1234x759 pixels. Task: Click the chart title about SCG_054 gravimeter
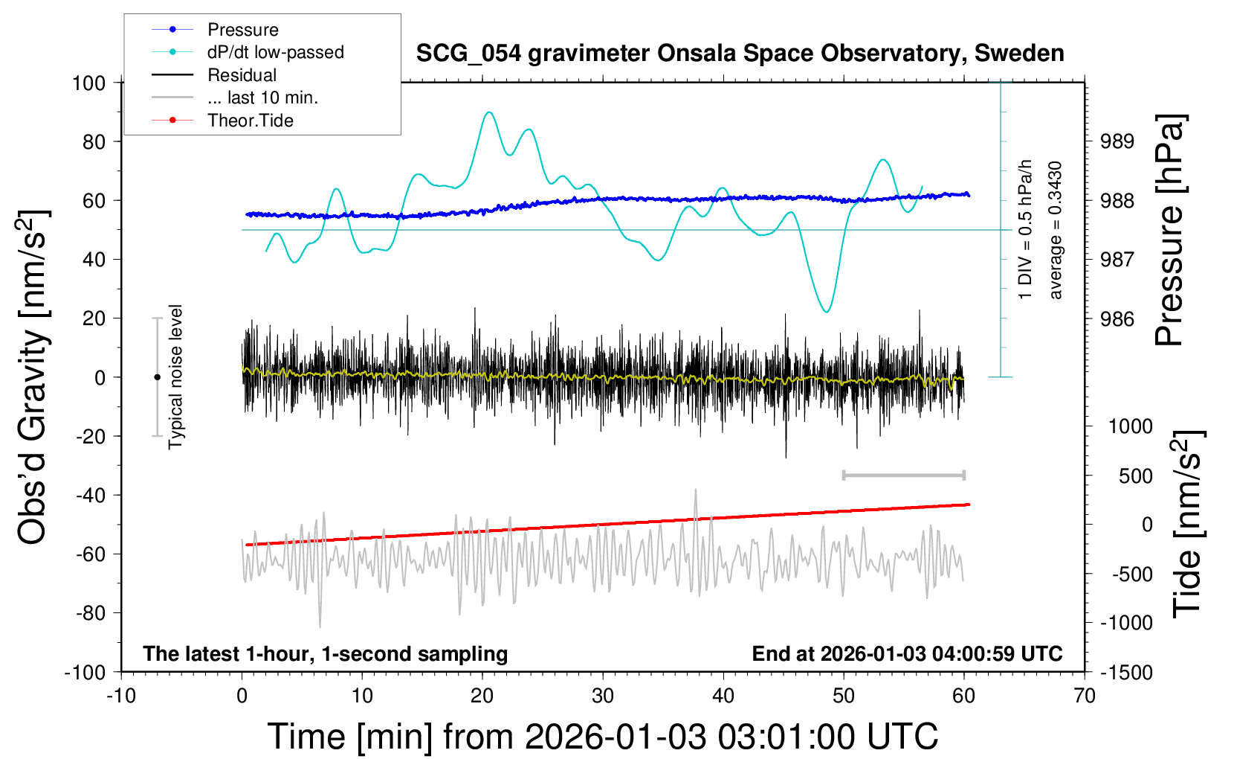click(x=740, y=54)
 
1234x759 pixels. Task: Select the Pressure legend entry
click(x=242, y=30)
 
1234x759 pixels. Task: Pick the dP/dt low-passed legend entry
click(x=275, y=52)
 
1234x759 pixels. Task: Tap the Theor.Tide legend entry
click(x=250, y=121)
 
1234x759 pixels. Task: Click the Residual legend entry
click(x=242, y=75)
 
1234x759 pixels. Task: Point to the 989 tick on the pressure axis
click(x=1117, y=141)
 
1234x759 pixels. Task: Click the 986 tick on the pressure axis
click(x=1117, y=319)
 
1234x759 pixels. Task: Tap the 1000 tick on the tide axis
click(x=1130, y=426)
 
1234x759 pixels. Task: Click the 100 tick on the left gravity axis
click(x=89, y=83)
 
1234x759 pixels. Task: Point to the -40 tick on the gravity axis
click(x=90, y=496)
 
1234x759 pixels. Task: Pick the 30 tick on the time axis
click(x=603, y=696)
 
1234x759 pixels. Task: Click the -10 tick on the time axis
click(x=121, y=696)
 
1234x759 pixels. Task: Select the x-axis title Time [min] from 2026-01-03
click(x=602, y=737)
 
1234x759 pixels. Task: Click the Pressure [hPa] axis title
click(x=1169, y=231)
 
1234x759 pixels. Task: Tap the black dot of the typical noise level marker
click(x=157, y=377)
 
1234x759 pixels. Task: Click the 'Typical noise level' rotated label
click(x=175, y=377)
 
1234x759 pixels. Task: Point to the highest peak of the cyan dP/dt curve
click(x=488, y=112)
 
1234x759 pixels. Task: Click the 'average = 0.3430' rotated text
click(x=1056, y=231)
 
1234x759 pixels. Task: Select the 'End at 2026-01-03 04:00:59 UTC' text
click(x=907, y=654)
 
